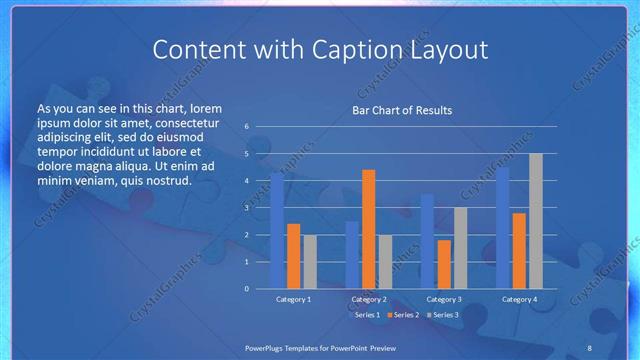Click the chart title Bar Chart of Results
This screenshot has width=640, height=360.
point(402,110)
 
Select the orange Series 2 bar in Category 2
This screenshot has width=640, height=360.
point(368,229)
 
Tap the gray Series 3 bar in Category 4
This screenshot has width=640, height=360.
point(535,221)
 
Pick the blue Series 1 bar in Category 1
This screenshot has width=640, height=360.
point(277,231)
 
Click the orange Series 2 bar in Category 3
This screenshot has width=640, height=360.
point(443,264)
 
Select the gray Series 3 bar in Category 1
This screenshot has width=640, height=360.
point(309,262)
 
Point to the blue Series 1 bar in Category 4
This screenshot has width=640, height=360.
point(502,228)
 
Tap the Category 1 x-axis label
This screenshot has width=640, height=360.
point(293,299)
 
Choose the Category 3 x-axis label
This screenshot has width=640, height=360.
point(443,299)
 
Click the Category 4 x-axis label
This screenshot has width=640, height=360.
point(518,299)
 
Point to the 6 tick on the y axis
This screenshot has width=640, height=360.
point(247,127)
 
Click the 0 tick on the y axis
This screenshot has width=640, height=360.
point(247,289)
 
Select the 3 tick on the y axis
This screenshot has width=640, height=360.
point(247,208)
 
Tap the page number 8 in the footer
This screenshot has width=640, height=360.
point(589,347)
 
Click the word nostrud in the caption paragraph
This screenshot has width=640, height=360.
point(166,181)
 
